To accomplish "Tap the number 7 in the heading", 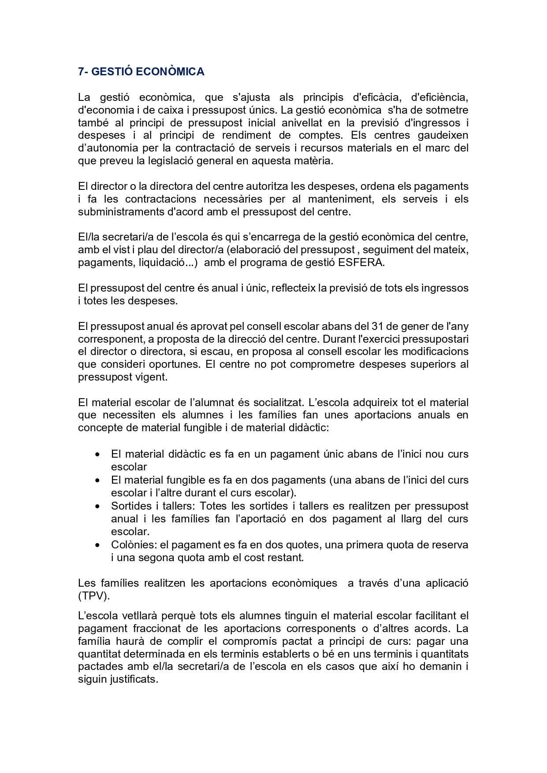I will point(81,71).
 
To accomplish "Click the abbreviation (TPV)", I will point(94,596).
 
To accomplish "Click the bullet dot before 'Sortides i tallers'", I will point(97,507).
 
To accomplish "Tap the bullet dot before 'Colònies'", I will point(97,545).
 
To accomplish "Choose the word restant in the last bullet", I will point(288,558).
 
